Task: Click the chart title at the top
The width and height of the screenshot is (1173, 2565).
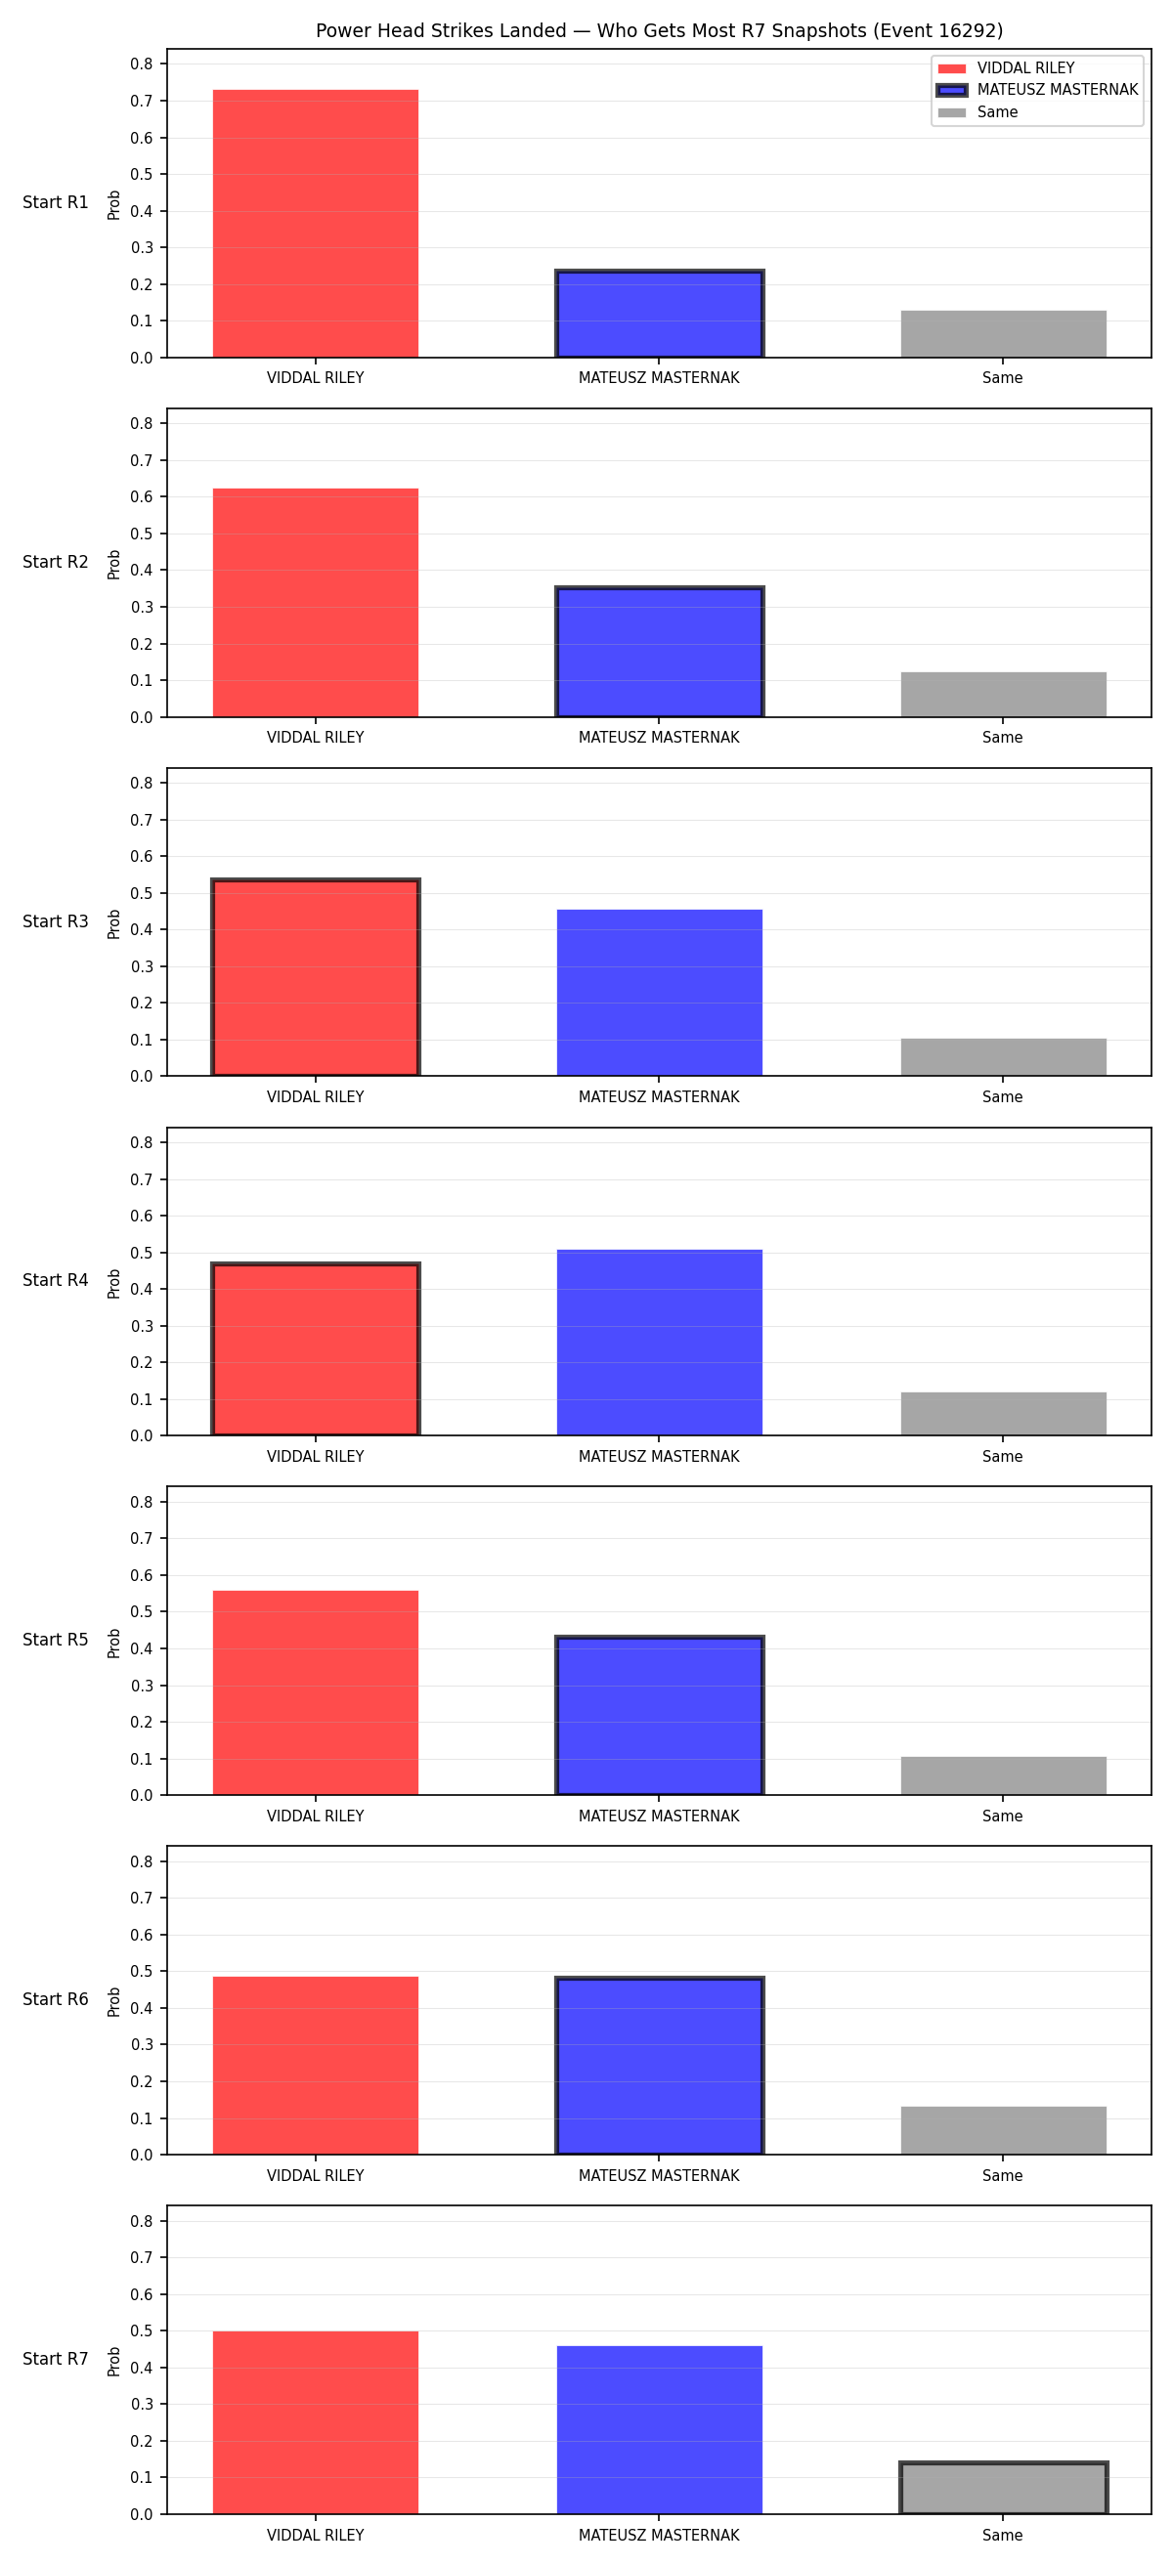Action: point(659,31)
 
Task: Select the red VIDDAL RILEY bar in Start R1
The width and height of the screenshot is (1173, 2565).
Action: point(316,224)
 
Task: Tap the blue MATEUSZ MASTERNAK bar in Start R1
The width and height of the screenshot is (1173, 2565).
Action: point(659,314)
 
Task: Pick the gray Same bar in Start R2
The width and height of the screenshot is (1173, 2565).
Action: point(1003,694)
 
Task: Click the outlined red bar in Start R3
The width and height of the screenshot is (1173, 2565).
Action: point(316,977)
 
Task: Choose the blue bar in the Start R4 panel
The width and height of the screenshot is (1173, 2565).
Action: point(659,1343)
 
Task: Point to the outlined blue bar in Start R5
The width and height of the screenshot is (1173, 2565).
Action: point(659,1715)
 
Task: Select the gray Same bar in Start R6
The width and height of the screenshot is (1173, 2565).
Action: point(1003,2131)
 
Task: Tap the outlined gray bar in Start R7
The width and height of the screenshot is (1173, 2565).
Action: point(1003,2489)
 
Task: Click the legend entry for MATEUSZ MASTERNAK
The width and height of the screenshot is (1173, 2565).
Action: point(1037,90)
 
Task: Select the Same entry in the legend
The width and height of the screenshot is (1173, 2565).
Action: point(977,112)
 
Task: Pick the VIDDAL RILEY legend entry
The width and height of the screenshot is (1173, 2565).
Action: point(1007,67)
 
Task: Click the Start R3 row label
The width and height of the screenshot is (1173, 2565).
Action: point(56,921)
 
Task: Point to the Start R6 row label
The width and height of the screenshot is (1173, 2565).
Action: point(56,1999)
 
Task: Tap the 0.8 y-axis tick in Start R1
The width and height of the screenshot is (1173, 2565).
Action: point(142,64)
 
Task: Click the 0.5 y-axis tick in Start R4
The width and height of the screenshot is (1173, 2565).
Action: point(142,1253)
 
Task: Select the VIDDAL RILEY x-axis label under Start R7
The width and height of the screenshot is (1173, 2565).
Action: point(316,2535)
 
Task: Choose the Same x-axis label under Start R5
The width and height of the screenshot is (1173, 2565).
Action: point(1003,1817)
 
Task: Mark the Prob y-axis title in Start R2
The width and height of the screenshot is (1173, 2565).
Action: point(114,565)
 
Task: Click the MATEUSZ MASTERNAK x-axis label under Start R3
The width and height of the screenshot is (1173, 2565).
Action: point(659,1096)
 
